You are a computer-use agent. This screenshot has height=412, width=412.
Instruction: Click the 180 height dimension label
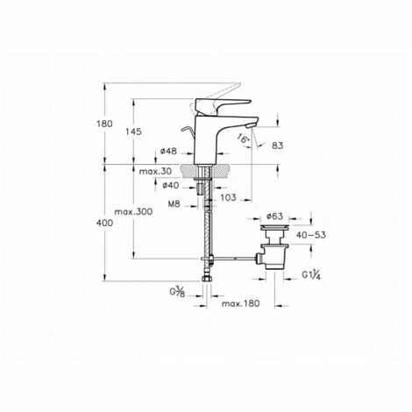tap(104, 124)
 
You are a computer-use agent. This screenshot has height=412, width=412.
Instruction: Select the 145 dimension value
tap(133, 131)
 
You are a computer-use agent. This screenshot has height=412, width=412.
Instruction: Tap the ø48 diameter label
tap(168, 151)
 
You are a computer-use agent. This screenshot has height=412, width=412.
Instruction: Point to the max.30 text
tap(155, 171)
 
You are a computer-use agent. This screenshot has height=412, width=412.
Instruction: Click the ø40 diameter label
tap(171, 185)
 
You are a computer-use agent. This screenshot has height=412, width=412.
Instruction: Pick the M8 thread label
tap(174, 203)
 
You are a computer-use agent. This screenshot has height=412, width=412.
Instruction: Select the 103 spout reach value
tap(228, 197)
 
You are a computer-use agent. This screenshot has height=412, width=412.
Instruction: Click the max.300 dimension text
tap(133, 211)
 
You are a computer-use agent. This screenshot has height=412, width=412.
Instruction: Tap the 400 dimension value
tap(104, 223)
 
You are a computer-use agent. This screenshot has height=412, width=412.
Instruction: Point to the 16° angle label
tap(243, 139)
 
